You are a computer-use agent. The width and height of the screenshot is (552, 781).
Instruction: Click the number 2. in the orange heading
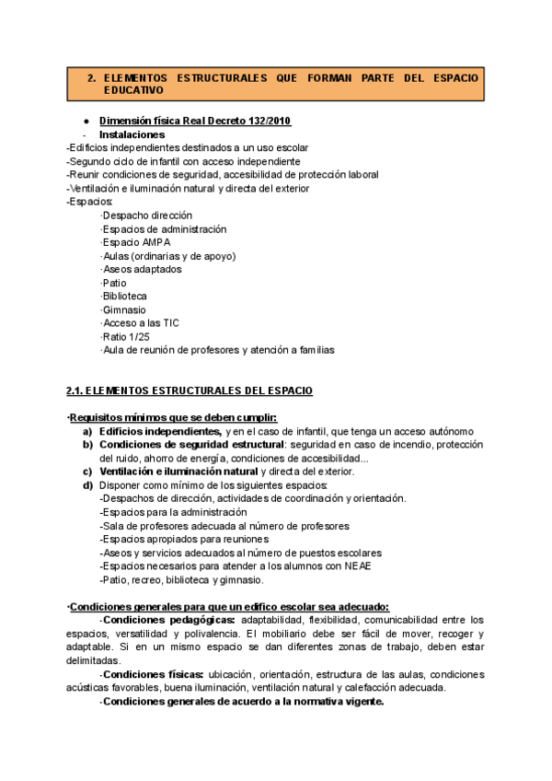coord(92,78)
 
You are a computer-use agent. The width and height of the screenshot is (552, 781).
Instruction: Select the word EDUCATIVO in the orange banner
coord(133,91)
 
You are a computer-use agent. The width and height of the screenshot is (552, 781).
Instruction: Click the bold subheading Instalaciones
coord(132,134)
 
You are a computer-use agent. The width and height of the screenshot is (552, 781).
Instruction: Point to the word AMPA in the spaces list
coord(156,242)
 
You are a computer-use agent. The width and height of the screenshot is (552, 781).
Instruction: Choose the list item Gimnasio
coord(123,309)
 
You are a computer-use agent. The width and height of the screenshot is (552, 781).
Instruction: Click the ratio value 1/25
coord(139,336)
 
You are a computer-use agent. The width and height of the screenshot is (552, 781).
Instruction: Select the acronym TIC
coord(170,323)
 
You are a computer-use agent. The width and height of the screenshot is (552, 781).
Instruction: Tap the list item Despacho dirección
coord(146,216)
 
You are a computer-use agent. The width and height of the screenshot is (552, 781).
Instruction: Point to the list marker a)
coord(87,431)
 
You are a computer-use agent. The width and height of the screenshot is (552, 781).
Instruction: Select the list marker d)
coord(87,484)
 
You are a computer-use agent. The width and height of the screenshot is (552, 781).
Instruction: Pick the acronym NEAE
coord(356,566)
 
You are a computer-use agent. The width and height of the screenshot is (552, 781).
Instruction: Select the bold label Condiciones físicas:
coord(154,673)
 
